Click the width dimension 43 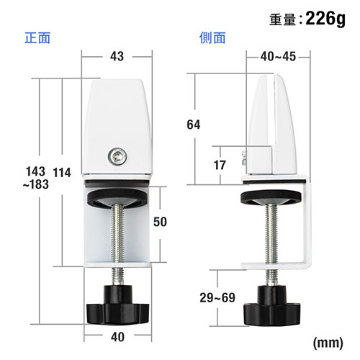point(117,55)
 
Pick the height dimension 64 point(193,124)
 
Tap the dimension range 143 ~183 point(35,178)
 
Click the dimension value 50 point(163,222)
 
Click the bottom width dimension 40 point(117,336)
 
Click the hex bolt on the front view point(117,155)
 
